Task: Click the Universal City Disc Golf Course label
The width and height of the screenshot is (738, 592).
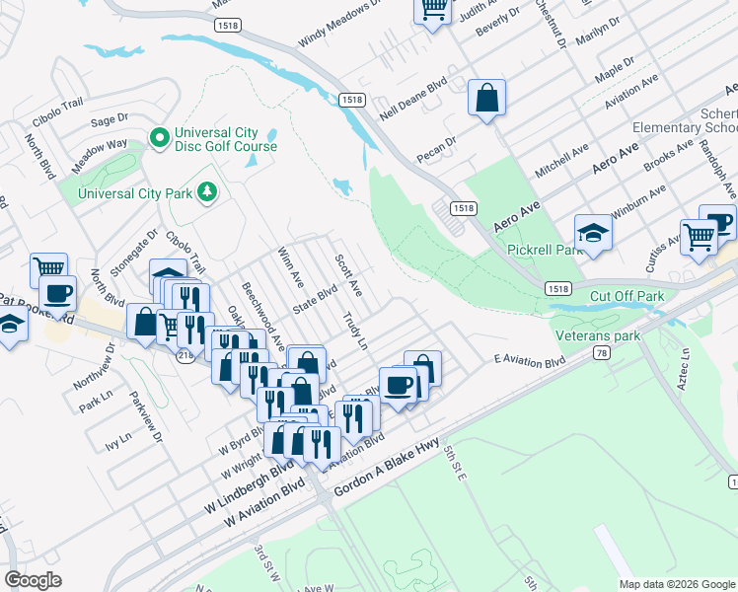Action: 225,139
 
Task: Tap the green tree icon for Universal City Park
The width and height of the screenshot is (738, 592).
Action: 207,190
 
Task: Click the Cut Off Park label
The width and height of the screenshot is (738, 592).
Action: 627,296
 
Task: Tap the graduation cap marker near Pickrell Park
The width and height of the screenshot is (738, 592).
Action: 593,233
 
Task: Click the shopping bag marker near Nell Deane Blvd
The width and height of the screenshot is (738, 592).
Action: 486,98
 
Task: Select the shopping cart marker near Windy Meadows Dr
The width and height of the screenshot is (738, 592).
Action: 432,9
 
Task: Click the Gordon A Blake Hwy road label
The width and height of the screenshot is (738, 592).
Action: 386,471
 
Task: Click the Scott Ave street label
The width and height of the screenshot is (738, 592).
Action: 348,276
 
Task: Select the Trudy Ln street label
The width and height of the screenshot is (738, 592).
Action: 355,332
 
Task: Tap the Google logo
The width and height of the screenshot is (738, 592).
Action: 33,579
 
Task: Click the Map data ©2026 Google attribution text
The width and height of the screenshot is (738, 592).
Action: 677,584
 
